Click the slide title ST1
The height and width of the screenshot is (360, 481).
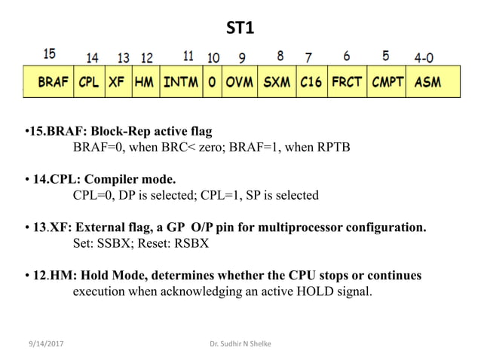click(x=240, y=29)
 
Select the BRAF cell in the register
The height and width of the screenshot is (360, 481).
click(x=52, y=82)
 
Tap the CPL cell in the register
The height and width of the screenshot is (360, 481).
click(x=88, y=82)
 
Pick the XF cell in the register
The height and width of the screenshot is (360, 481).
click(x=116, y=82)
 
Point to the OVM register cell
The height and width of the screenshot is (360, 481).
click(x=240, y=82)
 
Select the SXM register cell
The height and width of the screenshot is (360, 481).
click(x=277, y=82)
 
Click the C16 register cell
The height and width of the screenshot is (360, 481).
click(x=311, y=82)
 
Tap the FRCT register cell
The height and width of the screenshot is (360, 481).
click(x=347, y=82)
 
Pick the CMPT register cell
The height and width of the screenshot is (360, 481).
click(x=388, y=82)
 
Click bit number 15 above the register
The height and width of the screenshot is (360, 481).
click(x=49, y=54)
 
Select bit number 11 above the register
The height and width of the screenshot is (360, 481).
click(x=188, y=56)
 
